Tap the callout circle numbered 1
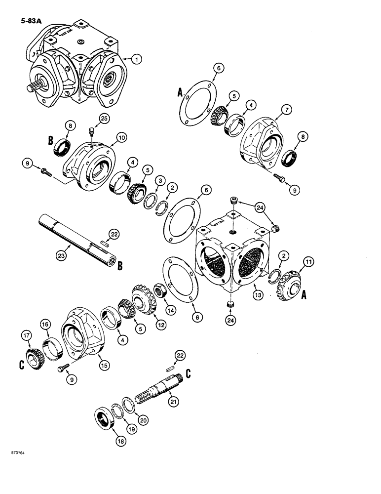tap(137, 59)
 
